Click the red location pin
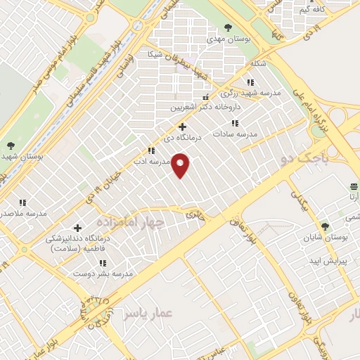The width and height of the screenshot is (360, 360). pos(181,165)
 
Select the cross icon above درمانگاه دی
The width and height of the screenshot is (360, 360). pos(183,127)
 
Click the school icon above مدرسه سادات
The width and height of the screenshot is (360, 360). pos(235,122)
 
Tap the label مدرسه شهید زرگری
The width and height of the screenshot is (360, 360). pos(250,93)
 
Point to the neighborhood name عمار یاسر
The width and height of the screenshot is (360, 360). pos(147,314)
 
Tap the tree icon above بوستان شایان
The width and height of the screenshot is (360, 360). pos(324,226)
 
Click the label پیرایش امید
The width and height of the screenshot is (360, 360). pos(324,261)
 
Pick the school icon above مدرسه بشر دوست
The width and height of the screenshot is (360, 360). pos(103,263)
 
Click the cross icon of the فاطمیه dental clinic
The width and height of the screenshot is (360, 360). pos(77,227)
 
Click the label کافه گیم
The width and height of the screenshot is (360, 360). pos(312,10)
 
